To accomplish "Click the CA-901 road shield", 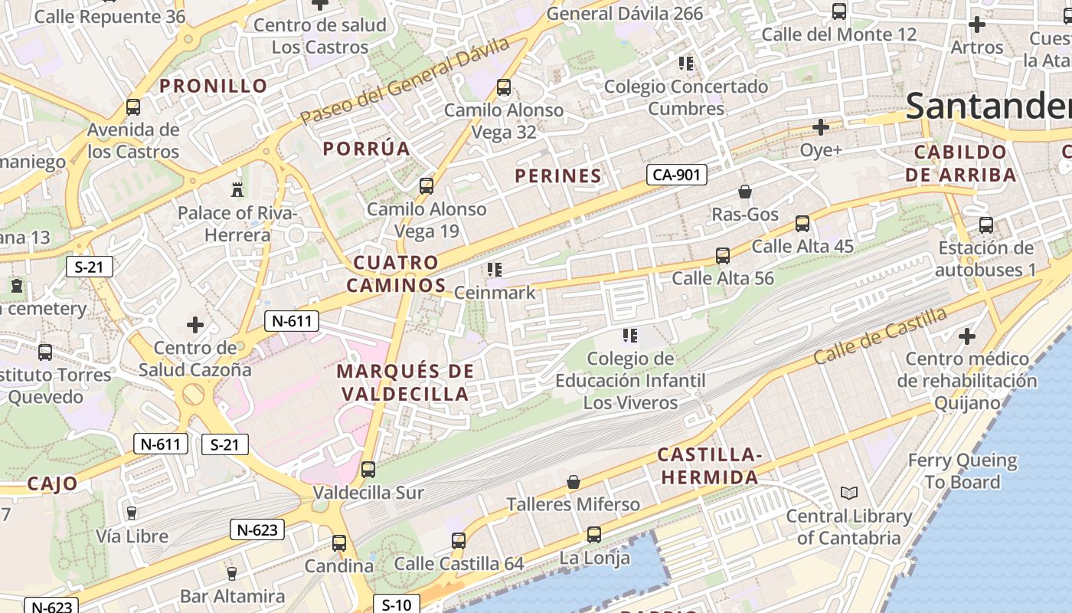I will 676,175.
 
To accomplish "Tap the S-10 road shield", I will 396,605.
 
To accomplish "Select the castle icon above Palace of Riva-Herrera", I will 237,188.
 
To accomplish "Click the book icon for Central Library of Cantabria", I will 848,493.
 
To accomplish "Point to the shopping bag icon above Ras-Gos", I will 744,192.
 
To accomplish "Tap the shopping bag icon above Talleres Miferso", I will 573,482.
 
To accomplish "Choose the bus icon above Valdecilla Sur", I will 368,469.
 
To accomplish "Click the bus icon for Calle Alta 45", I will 802,223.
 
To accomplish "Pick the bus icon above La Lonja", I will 593,534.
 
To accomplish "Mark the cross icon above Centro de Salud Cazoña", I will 195,325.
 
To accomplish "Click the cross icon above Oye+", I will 821,126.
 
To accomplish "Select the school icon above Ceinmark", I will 494,270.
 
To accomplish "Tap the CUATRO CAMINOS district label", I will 396,274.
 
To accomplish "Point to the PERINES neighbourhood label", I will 557,175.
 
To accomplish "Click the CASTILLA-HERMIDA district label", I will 710,466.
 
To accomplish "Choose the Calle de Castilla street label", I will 881,335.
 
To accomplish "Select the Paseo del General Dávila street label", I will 405,81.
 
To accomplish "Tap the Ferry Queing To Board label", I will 963,471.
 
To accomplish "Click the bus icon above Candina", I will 339,543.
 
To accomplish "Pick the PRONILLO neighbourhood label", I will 213,86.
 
